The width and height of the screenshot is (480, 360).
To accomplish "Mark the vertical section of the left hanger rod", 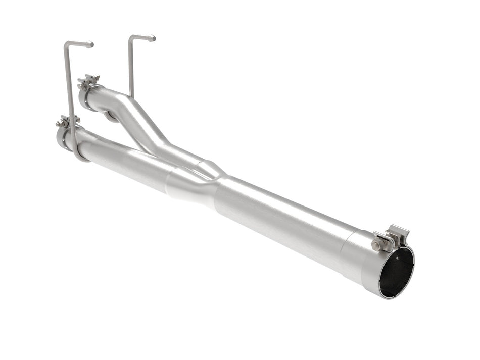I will click(69, 91).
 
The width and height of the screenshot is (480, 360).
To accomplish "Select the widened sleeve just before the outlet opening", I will click(359, 258).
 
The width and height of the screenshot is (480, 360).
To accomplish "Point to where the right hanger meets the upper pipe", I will click(131, 96).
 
